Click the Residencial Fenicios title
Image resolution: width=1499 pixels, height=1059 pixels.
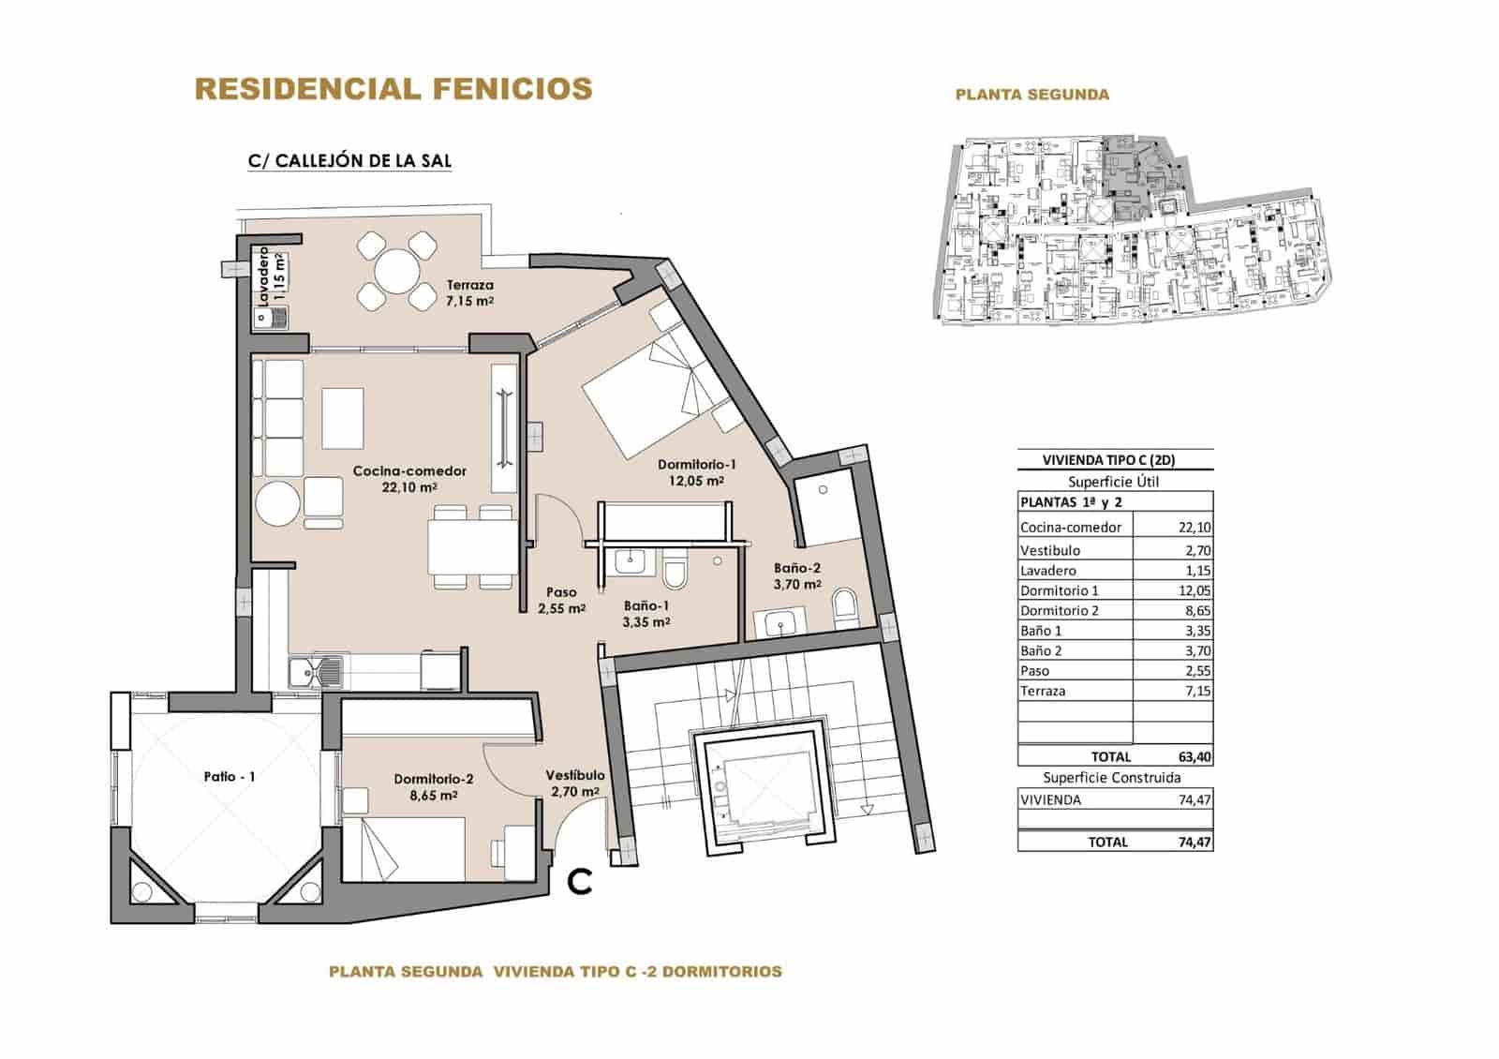click(393, 89)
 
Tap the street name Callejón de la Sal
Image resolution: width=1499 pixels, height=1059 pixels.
click(349, 160)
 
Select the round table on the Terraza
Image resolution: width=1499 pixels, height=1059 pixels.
click(397, 273)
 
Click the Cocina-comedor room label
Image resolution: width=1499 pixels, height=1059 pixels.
click(409, 471)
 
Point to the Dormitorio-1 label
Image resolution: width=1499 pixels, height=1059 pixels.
click(697, 464)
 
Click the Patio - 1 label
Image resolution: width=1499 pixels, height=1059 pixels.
click(230, 776)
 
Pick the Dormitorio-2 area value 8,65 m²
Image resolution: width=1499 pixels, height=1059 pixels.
click(432, 795)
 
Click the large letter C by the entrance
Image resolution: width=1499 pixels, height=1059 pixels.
click(581, 880)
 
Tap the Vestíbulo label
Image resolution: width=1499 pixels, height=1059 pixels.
click(575, 775)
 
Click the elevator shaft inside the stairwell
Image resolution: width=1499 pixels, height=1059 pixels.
click(762, 785)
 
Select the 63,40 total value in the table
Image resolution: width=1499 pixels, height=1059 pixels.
click(1193, 756)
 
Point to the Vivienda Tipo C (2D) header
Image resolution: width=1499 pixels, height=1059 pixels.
click(1114, 459)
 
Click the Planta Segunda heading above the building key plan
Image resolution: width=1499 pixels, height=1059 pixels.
click(1031, 95)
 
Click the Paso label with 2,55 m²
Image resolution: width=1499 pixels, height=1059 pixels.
click(561, 600)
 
